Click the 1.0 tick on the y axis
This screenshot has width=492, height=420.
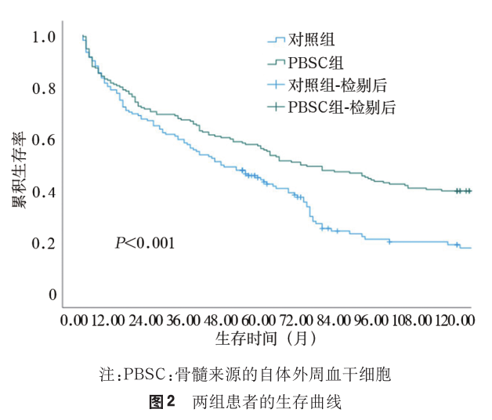click(44, 37)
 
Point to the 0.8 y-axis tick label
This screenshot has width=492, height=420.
click(44, 89)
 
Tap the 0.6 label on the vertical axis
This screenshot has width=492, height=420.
click(44, 140)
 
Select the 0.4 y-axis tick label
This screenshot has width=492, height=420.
click(44, 192)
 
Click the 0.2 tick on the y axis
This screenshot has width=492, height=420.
click(44, 244)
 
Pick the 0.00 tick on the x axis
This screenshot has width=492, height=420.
click(74, 320)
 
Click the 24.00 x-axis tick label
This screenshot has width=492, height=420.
click(146, 320)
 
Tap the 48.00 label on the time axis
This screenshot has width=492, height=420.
click(221, 320)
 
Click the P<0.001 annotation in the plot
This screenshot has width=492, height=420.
click(144, 244)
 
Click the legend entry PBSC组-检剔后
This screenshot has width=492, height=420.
click(341, 107)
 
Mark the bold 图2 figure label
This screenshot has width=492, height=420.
click(161, 403)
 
